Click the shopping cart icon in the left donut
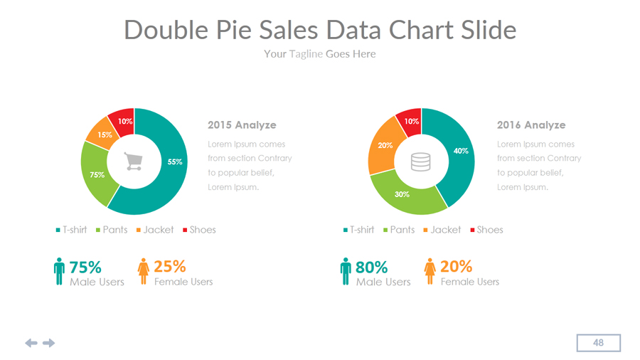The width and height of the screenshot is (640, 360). point(134,162)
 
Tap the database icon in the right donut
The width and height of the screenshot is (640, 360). point(421,162)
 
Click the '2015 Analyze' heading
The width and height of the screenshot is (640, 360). point(242,125)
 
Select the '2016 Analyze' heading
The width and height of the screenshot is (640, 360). point(531,125)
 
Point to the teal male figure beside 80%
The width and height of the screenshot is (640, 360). point(346,272)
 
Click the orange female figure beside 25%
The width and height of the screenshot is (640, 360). point(143,272)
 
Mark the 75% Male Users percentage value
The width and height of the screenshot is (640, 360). point(85,268)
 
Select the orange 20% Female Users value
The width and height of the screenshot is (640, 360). point(456,267)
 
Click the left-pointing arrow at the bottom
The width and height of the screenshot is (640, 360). point(31,343)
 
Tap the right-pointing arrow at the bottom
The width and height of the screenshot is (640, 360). point(48,343)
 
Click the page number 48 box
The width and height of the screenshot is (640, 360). point(598,343)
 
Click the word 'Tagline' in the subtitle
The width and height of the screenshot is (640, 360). point(306,54)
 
